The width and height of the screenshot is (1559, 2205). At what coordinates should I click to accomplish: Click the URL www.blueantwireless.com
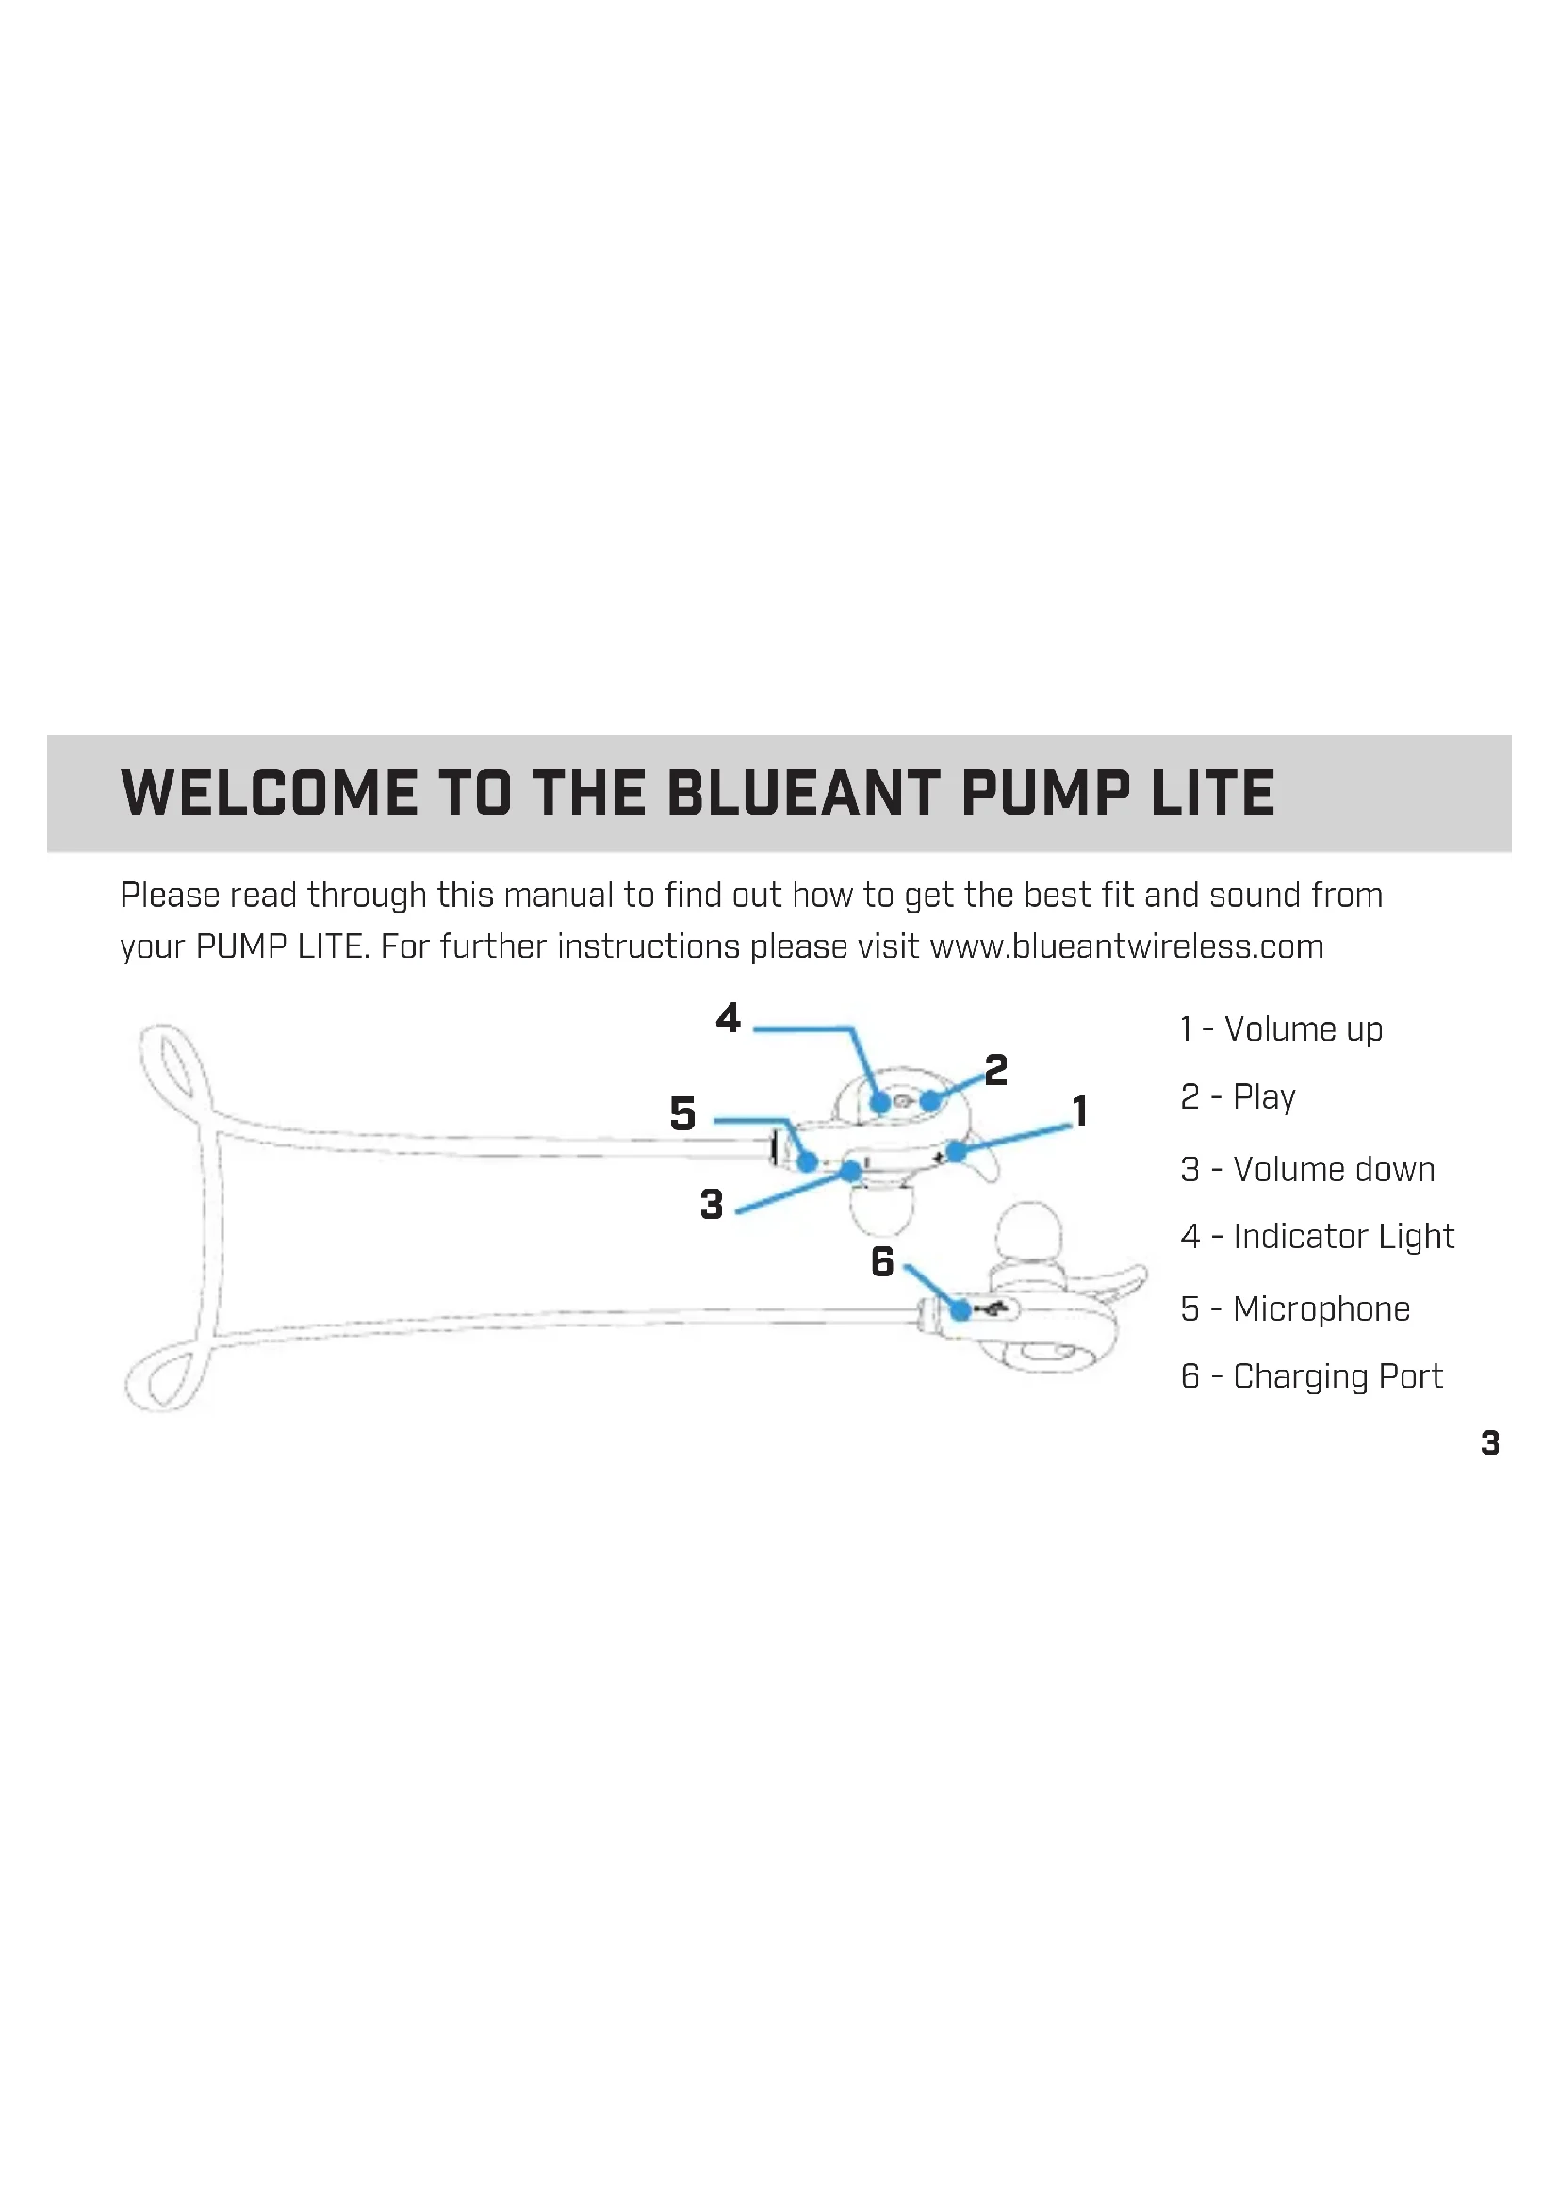1126,946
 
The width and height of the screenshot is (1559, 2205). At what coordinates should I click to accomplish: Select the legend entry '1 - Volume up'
1282,1029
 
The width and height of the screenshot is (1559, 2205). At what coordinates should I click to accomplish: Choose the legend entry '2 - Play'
1239,1096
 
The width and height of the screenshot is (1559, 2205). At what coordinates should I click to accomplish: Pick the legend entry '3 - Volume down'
1307,1170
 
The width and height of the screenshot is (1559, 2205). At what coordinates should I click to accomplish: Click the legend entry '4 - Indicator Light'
1317,1237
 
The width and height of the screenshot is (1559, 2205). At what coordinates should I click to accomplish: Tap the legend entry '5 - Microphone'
1295,1309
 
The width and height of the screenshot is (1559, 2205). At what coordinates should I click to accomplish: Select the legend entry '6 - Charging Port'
1311,1376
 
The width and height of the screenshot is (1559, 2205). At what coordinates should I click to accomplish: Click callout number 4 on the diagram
729,1018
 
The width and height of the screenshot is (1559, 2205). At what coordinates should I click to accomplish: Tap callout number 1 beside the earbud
1081,1111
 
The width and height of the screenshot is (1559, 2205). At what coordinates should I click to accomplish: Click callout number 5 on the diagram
682,1114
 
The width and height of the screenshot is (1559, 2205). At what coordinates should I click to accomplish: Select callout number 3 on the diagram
712,1204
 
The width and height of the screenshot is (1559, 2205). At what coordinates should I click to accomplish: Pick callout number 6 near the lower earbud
882,1262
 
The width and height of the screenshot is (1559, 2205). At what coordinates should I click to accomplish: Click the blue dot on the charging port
960,1310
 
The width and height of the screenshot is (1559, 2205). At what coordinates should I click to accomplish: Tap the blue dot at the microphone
809,1162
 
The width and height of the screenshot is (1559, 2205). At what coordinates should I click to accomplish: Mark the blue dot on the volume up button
956,1150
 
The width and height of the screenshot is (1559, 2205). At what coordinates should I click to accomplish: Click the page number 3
1490,1442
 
